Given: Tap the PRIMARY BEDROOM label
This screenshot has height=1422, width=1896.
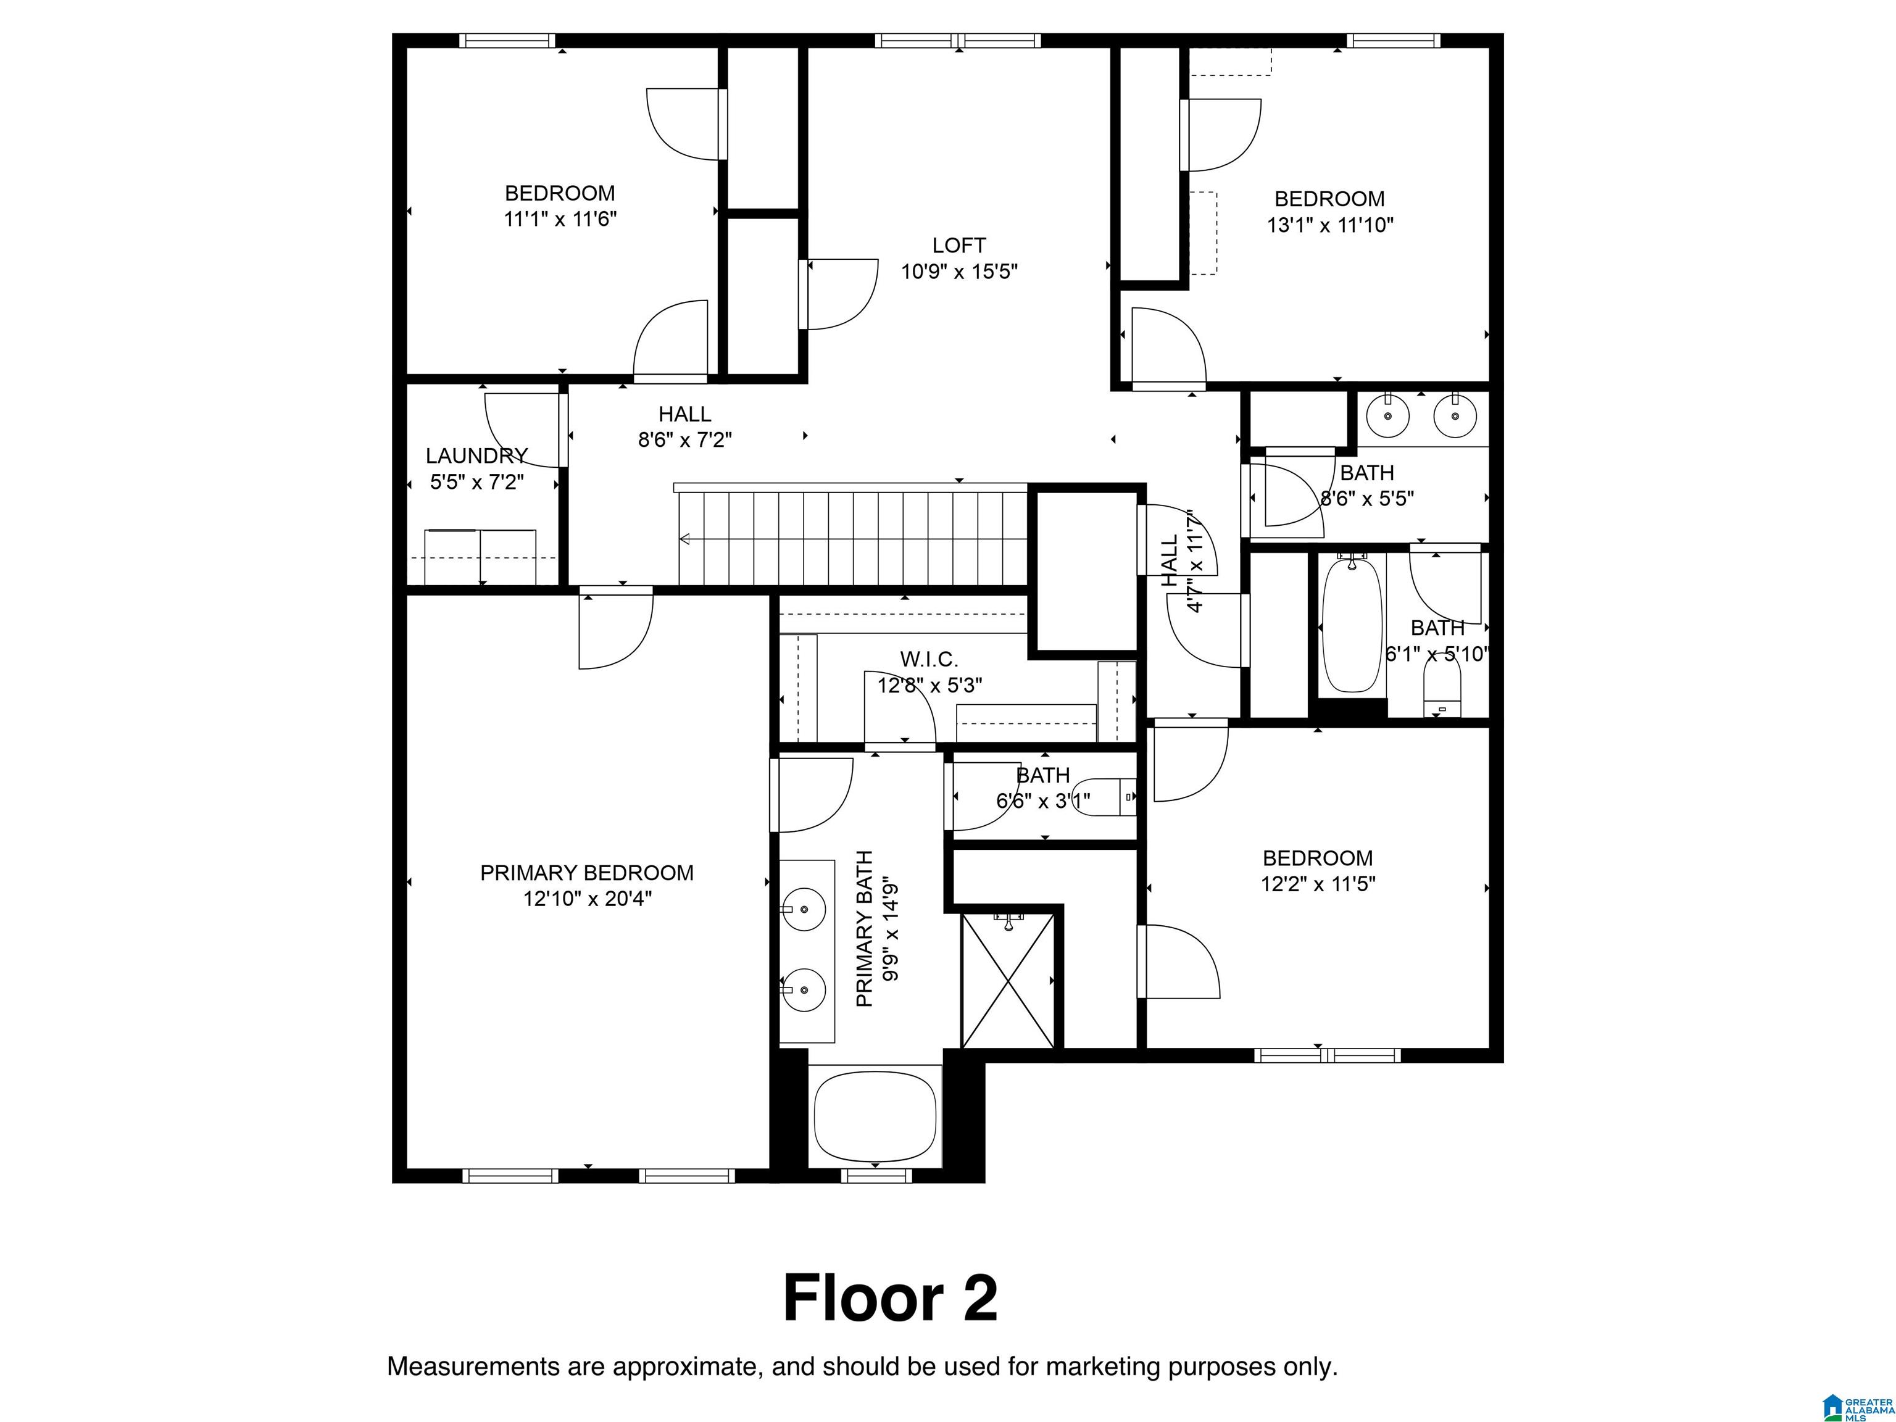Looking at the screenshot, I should point(587,873).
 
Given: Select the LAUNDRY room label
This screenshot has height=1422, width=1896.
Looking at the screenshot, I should point(476,455).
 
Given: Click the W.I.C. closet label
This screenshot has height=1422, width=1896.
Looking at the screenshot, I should point(929,659).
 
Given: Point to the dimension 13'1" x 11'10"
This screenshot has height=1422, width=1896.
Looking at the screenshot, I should point(1329,225).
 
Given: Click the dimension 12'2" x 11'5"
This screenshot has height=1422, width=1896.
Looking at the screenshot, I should point(1318,884).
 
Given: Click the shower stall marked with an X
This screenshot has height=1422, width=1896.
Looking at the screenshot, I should point(1008,981).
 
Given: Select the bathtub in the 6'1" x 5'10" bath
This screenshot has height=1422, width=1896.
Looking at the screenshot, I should point(1352,624).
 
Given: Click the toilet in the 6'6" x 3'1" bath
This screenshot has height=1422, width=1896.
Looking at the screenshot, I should point(1106,796).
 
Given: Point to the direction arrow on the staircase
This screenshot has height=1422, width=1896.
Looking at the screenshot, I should point(686,539).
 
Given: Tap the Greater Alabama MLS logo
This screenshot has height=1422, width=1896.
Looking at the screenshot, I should point(1856,1407).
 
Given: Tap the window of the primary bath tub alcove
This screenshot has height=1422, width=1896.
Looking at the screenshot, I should point(876,1176).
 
